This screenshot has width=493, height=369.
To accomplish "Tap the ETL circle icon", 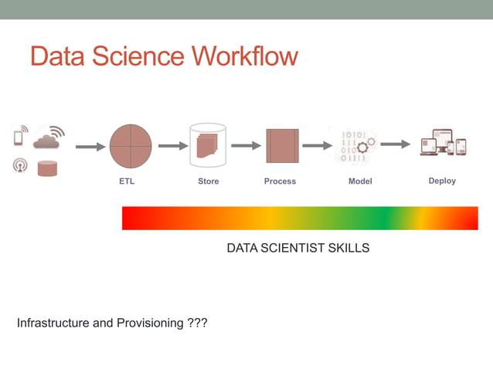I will [131, 146].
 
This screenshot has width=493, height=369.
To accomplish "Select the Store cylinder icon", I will [208, 145].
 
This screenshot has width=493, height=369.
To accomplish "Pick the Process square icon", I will [282, 145].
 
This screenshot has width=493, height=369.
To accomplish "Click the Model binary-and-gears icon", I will [353, 146].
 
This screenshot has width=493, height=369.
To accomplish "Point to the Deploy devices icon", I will [443, 144].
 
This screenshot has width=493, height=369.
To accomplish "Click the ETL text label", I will [126, 181].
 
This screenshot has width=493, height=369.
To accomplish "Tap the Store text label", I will [208, 181].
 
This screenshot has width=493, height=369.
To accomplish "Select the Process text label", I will [280, 181].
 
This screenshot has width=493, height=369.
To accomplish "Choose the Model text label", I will [360, 181].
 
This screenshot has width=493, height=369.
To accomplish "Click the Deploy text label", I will [442, 181].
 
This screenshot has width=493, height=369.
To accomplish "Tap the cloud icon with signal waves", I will [48, 138].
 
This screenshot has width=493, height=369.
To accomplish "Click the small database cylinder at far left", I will [48, 168].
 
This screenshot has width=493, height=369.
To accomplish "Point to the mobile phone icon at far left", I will [19, 137].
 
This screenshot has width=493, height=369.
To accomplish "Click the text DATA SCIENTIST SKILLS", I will [297, 249].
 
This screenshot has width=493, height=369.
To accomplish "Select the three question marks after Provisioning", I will [197, 323].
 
